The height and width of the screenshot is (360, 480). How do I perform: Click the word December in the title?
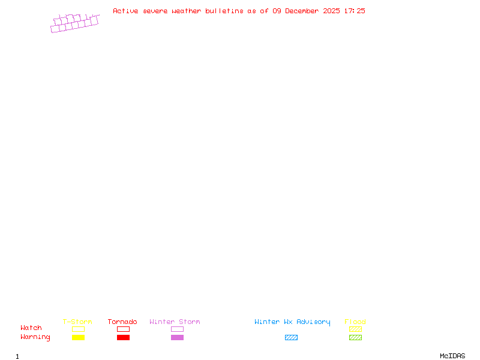(302, 11)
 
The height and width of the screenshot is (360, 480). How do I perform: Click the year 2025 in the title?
(331, 11)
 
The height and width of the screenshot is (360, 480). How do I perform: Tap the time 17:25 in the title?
(355, 11)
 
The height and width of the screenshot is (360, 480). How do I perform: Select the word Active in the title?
(125, 11)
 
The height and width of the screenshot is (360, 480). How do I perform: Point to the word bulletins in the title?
(224, 11)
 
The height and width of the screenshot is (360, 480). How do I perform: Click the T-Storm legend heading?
(77, 322)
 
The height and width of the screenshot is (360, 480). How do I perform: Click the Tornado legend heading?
(122, 322)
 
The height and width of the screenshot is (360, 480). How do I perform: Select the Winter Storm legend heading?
(175, 322)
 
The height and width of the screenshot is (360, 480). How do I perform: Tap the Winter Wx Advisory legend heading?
(292, 322)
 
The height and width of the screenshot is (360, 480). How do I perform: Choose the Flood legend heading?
(355, 322)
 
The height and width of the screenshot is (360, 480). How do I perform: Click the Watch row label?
(31, 328)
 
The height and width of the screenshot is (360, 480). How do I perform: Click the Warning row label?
(35, 337)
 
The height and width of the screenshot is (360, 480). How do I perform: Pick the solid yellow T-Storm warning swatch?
(79, 337)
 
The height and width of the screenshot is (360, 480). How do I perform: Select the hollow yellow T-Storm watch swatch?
(79, 326)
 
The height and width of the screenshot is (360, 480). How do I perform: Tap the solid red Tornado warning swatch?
(124, 337)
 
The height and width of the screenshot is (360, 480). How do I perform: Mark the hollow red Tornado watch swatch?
(124, 326)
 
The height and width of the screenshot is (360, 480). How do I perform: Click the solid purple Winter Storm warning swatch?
(177, 337)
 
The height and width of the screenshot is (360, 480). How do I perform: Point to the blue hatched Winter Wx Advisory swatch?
(291, 337)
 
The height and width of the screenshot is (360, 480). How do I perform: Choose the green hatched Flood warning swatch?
(355, 337)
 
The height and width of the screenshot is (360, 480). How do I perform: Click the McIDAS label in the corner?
(452, 356)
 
